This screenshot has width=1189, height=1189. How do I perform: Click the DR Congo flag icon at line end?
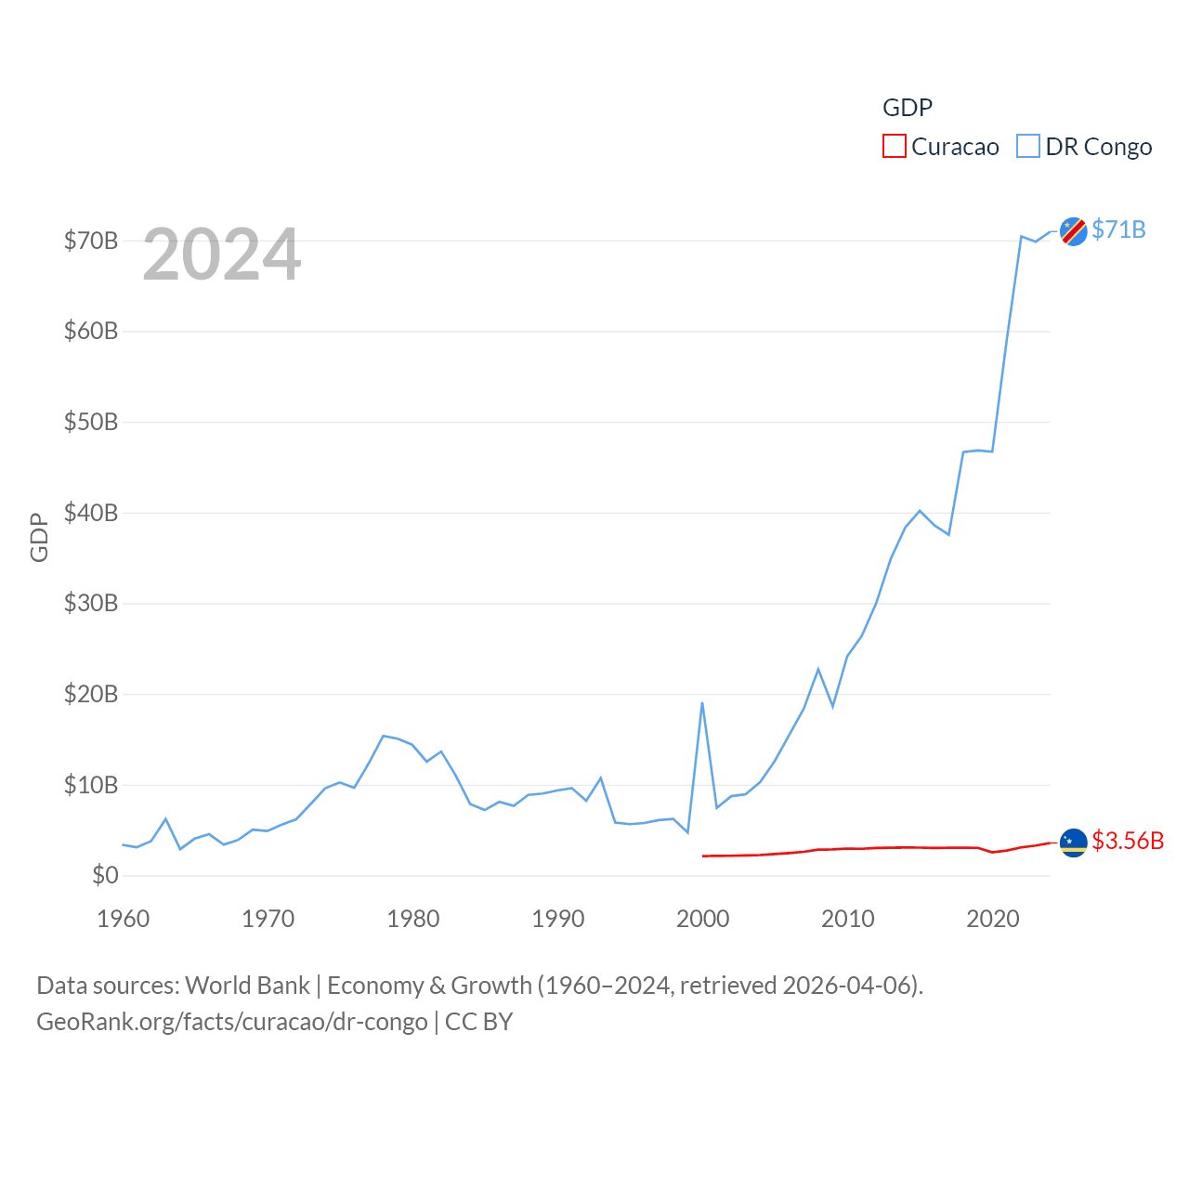coord(1073,230)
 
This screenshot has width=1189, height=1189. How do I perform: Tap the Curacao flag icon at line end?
coord(1073,843)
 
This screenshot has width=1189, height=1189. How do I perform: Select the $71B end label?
coord(1118,229)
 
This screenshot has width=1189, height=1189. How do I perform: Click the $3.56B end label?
coord(1128,841)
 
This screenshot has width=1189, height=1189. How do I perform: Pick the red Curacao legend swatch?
coord(894,147)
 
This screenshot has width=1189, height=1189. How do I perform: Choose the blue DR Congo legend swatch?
coord(1027,147)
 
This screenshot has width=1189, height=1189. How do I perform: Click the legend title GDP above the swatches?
coord(907,108)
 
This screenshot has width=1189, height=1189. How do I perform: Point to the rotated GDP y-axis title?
coord(39,537)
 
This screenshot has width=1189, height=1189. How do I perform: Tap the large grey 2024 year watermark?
coord(222,254)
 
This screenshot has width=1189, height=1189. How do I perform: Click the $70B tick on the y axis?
coord(91,241)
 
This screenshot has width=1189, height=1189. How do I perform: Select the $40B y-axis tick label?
coord(91,513)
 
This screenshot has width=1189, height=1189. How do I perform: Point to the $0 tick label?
coord(105,875)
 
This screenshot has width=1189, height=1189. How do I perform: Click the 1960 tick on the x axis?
coord(124,919)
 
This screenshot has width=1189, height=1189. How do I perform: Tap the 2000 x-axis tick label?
coord(702,919)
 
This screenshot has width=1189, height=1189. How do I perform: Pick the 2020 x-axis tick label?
coord(992,919)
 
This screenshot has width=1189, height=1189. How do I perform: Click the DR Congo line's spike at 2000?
coord(702,703)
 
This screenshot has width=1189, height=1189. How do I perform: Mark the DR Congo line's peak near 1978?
coord(383,736)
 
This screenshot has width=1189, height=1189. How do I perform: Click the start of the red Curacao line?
coord(703,856)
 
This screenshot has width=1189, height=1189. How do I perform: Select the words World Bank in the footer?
coord(247,985)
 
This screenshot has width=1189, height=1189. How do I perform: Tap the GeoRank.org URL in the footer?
coord(232,1022)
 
